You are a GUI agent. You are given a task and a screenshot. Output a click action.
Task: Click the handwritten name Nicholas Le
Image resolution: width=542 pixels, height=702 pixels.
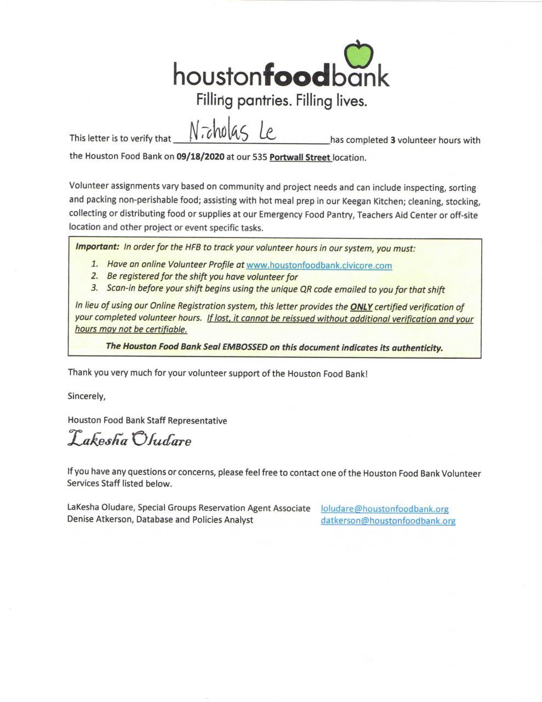(232, 132)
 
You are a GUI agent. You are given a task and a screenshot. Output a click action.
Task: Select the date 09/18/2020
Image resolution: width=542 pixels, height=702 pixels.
(201, 156)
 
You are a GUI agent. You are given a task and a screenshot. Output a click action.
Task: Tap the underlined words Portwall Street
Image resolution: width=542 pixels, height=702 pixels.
(300, 157)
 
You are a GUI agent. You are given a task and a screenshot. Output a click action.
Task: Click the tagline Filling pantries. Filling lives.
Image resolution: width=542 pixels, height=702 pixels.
(281, 101)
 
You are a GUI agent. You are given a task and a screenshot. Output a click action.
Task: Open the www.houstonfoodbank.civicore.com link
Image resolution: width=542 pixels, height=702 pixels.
(319, 265)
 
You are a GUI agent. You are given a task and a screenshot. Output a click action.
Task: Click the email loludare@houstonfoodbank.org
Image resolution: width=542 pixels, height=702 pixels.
(385, 509)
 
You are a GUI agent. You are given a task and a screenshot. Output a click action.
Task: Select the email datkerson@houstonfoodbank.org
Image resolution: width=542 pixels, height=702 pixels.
(388, 520)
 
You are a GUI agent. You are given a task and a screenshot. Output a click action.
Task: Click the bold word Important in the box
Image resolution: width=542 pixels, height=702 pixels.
(97, 247)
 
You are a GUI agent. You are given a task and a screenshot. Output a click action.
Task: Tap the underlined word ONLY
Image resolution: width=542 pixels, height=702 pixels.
(361, 307)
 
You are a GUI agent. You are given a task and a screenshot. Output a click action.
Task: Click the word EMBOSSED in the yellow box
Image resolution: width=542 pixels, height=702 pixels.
(245, 347)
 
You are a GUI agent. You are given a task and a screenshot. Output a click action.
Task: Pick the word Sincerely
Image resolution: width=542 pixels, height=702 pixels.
(87, 396)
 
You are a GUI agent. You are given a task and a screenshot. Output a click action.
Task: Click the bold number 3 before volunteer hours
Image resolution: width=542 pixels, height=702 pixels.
(392, 140)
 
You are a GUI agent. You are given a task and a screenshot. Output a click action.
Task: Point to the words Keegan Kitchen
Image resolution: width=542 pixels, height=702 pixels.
(366, 201)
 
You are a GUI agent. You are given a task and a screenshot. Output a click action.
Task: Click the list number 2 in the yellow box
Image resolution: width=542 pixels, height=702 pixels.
(95, 276)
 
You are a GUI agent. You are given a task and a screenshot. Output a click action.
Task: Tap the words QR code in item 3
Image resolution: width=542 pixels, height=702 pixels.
(321, 289)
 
